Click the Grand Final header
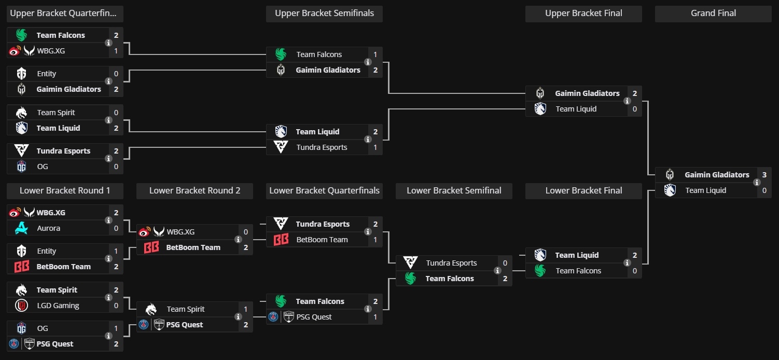tap(713, 13)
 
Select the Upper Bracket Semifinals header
tap(324, 13)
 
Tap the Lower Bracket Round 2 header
tap(194, 190)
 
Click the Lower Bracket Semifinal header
tap(454, 190)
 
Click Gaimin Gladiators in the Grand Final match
tap(717, 175)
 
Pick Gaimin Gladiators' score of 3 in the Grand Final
tap(764, 175)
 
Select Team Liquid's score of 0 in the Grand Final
tap(764, 190)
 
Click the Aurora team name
tap(49, 228)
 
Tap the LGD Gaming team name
tap(58, 306)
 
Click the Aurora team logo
tap(21, 228)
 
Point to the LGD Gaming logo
tap(21, 306)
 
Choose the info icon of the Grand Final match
tap(757, 183)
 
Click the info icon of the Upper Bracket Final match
tap(627, 101)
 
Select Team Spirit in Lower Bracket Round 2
tap(186, 309)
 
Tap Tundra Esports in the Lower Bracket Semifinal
tap(451, 263)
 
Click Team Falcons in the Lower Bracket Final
tap(578, 271)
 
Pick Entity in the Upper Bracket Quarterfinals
tap(47, 74)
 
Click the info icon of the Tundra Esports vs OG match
tap(108, 159)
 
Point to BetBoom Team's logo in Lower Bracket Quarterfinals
tap(281, 240)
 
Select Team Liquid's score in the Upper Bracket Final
tap(635, 109)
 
